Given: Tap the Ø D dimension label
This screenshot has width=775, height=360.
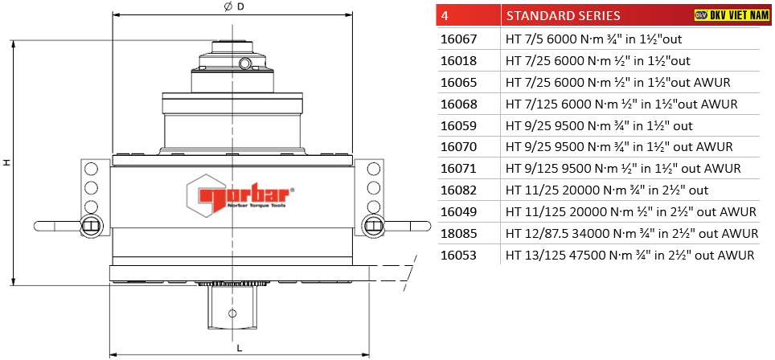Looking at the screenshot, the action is (234, 6).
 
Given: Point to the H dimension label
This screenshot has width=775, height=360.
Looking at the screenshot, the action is (6, 162).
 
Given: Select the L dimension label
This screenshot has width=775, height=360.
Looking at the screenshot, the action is (240, 348).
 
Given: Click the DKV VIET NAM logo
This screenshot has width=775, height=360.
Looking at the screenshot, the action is (732, 15).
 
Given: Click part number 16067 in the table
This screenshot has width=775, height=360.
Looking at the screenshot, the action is (459, 39).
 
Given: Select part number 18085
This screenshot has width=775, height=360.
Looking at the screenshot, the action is (459, 234).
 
